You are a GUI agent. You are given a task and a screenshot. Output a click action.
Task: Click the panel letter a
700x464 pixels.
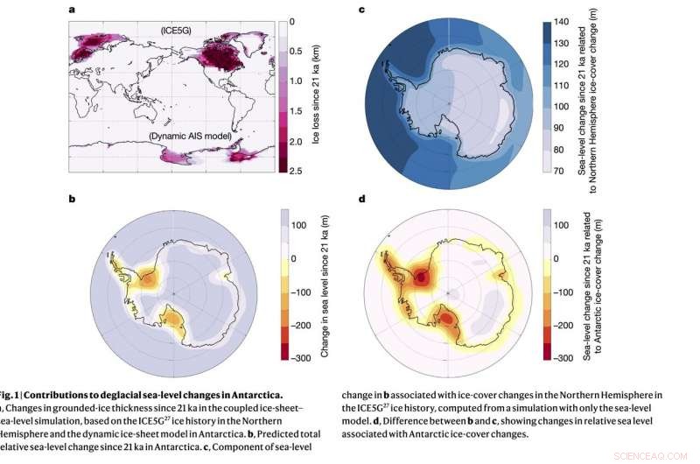point(72,9)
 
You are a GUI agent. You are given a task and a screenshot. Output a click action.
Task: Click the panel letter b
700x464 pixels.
point(72,199)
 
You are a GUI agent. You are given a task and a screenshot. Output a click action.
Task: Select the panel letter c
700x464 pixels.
point(361,9)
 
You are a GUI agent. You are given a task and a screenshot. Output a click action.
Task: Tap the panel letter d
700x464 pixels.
point(361,199)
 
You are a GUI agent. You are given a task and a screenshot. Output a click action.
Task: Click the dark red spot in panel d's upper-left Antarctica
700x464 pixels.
point(423,278)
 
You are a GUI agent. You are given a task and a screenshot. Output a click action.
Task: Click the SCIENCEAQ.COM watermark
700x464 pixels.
point(660,455)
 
